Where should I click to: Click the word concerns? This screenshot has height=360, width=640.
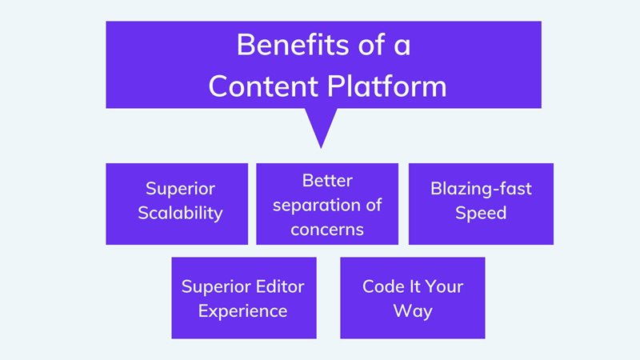pos(327,229)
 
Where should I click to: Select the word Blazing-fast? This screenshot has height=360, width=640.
pos(481,190)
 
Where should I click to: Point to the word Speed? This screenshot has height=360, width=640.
pos(481,214)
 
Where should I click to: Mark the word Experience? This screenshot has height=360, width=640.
pos(243,310)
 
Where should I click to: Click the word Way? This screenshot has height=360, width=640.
pos(413,310)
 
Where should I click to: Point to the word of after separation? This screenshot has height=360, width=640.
pos(373,204)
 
